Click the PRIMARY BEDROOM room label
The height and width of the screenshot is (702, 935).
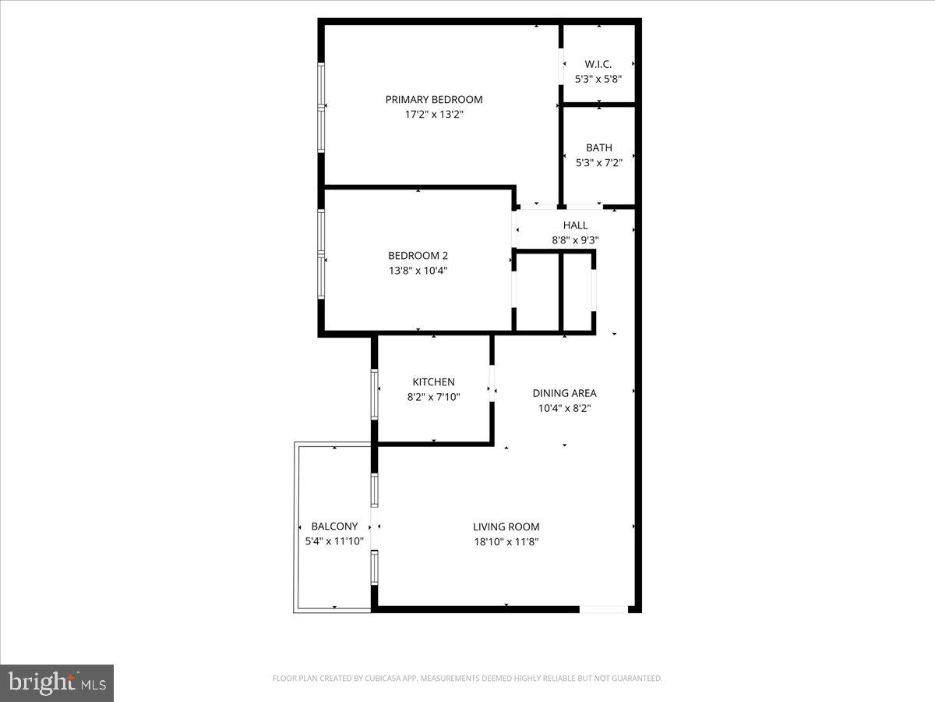[434, 99]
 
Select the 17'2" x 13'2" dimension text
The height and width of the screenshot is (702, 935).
[434, 115]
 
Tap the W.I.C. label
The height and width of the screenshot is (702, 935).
[598, 64]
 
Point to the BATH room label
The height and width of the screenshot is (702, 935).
[599, 147]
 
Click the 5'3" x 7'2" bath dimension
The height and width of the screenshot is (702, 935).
[599, 162]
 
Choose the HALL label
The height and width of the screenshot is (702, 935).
[575, 225]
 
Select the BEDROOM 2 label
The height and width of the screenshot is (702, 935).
[418, 255]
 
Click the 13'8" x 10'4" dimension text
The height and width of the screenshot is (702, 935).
[418, 271]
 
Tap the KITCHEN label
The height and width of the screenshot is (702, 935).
[433, 382]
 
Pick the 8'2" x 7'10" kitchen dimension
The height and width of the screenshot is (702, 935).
[433, 397]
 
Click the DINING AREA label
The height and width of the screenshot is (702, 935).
[564, 393]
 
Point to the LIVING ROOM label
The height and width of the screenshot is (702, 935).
[506, 526]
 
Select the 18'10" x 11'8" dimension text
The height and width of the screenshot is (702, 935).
[506, 541]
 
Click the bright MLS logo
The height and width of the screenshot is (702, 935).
[57, 683]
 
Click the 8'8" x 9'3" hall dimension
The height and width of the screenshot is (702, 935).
[575, 240]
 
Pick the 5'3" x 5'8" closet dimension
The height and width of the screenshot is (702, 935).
[598, 79]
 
